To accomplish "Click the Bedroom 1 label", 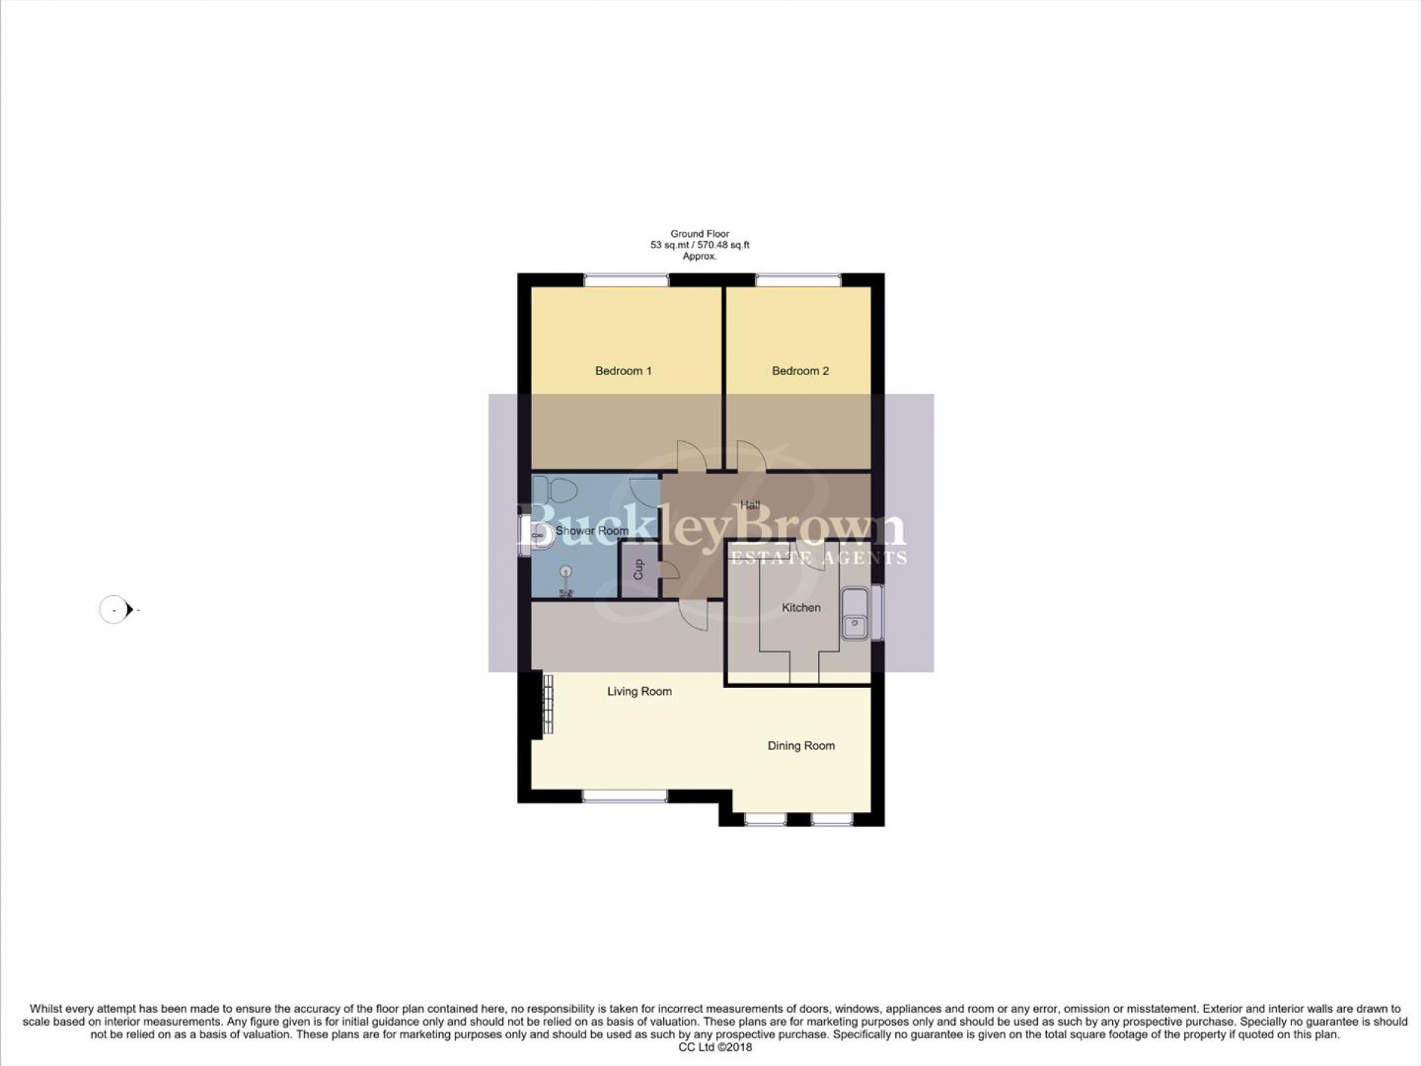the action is [623, 371].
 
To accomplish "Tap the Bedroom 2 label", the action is [800, 371].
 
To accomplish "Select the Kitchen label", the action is [801, 607].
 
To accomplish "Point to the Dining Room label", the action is [801, 746].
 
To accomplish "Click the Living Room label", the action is [639, 692].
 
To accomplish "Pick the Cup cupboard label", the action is [638, 570].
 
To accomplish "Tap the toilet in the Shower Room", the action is [557, 490].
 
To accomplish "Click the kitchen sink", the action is [855, 614].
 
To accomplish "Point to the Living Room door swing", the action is [693, 615].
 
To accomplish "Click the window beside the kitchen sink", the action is [877, 614].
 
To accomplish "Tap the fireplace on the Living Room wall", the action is [541, 706].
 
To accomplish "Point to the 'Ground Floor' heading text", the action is [700, 234].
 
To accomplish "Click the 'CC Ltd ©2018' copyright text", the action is [715, 1047].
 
